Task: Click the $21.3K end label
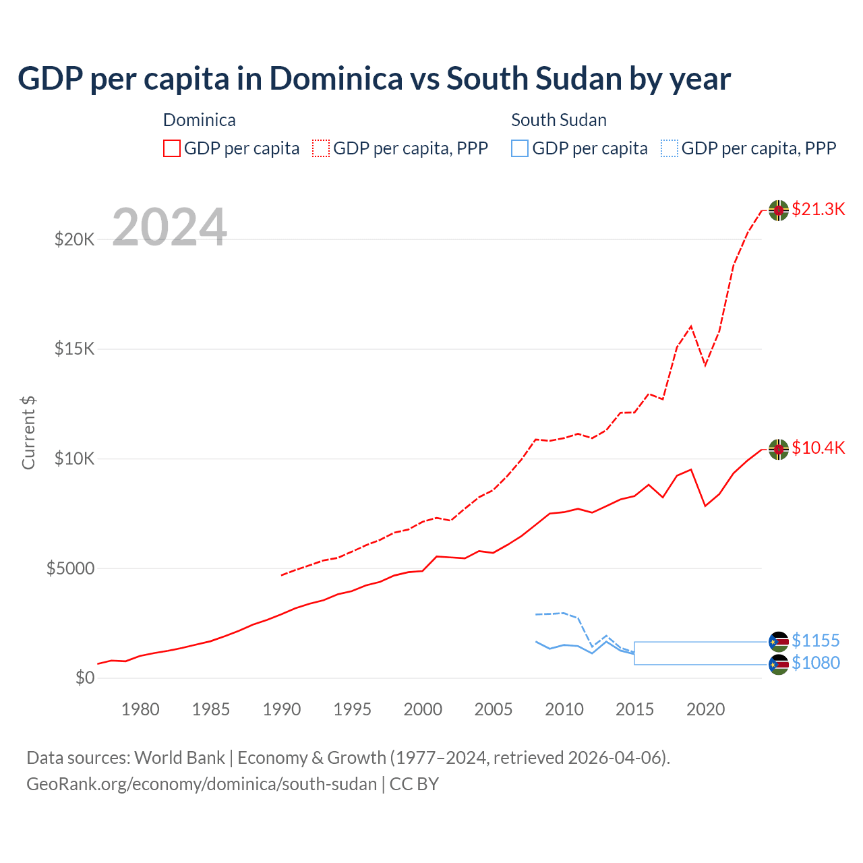coord(818,209)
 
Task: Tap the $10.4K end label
coord(818,448)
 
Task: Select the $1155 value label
coord(815,641)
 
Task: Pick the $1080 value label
coord(815,663)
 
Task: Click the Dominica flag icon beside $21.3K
coord(779,210)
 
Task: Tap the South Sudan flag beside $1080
coord(779,665)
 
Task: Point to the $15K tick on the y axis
coord(74,349)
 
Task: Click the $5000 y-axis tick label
coord(70,568)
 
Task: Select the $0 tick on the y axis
coord(84,678)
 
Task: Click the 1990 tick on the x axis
coord(282,709)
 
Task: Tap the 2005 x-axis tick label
coord(494,709)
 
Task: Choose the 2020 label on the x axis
coord(705,709)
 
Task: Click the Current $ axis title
coord(28,433)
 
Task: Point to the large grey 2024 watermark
coord(169,227)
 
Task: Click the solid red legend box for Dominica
coord(172,148)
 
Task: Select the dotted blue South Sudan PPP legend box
coord(669,148)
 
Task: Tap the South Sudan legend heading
coord(558,120)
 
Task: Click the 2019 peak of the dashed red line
coord(691,326)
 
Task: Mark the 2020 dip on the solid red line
coord(705,506)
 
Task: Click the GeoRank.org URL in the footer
coord(202,784)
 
